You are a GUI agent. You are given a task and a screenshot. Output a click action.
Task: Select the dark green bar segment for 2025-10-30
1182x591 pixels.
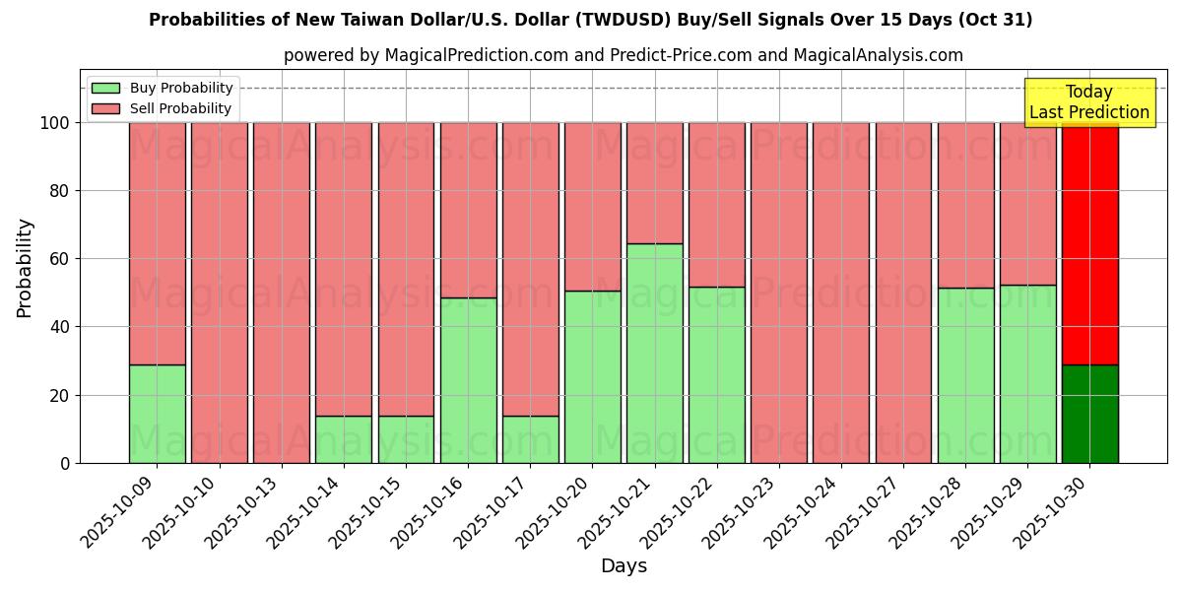coord(1089,414)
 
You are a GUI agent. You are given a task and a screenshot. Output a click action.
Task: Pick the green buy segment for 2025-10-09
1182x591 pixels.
coord(157,414)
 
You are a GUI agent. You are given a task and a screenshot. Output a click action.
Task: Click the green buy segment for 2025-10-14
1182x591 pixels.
coord(344,439)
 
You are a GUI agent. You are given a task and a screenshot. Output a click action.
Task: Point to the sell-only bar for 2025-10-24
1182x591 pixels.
coord(841,293)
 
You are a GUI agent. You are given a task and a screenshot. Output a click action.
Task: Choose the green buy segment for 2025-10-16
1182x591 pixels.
coord(468,380)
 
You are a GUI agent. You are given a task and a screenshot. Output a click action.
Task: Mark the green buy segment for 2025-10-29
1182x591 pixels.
coord(1027,373)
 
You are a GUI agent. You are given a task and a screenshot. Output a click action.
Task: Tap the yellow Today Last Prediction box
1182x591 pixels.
coord(1089,102)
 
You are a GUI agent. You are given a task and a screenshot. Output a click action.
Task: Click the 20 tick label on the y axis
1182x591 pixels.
coord(60,395)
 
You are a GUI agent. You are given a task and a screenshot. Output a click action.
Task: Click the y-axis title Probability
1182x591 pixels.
coord(25,268)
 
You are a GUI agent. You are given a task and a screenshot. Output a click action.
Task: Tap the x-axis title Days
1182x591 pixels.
coord(624,566)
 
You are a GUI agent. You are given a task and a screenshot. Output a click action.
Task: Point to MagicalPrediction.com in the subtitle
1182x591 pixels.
coord(477,55)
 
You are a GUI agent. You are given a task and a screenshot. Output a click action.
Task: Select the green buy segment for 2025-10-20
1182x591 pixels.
coord(592,376)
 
